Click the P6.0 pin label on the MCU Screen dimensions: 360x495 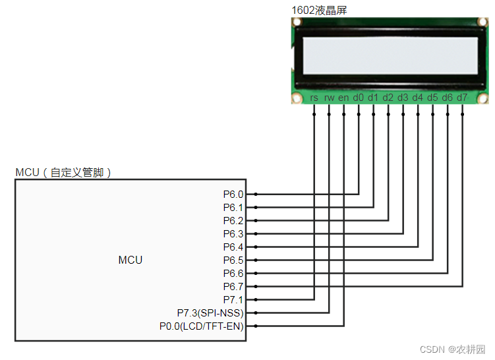tap(233, 195)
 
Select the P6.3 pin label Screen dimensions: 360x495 tap(233, 234)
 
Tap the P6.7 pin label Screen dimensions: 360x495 tap(233, 287)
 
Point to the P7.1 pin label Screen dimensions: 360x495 tap(233, 300)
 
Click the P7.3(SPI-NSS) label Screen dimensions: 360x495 tap(210, 313)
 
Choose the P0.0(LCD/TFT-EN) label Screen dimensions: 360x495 tap(202, 326)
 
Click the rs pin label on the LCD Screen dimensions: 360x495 tap(314, 98)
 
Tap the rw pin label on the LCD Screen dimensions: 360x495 tap(329, 98)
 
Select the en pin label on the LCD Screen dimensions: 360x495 tap(343, 98)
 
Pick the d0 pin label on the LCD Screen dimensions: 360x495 tap(359, 98)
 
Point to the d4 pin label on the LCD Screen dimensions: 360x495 tap(418, 98)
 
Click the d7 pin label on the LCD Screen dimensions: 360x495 tap(462, 98)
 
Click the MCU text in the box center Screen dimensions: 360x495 tap(130, 260)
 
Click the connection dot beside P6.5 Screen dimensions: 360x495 tap(255, 260)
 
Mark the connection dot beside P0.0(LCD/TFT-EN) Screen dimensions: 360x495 tap(255, 326)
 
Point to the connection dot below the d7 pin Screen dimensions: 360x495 tap(462, 114)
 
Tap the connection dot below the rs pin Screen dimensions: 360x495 tap(314, 114)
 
